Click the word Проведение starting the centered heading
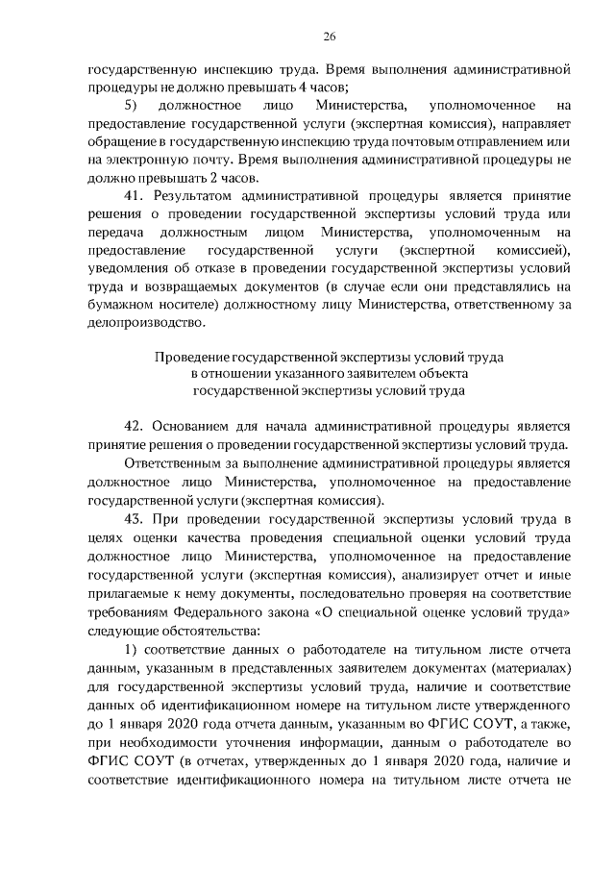tap(195, 357)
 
